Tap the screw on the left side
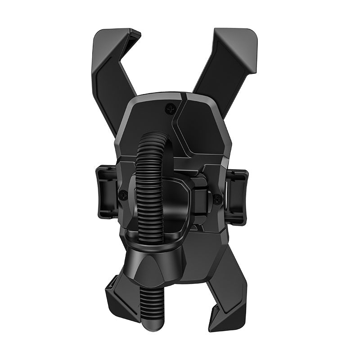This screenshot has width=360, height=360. (123, 194)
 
